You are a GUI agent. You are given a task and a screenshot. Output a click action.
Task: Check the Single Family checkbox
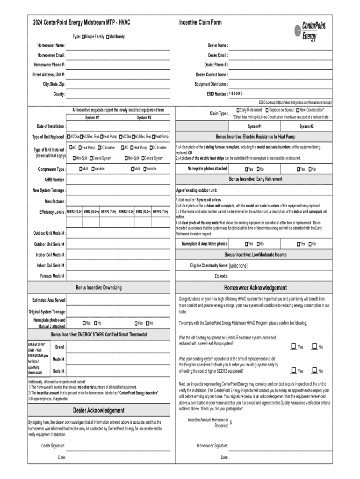[83, 36]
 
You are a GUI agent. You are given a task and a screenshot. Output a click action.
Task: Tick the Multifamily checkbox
[108, 36]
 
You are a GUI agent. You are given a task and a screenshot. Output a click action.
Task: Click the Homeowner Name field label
[51, 45]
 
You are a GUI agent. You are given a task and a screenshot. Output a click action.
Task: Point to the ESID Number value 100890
[237, 94]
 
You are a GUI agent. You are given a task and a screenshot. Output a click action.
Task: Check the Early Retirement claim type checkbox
[238, 109]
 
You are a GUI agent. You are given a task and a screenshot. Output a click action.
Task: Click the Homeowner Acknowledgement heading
[255, 288]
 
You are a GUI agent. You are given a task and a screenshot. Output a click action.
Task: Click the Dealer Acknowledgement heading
[99, 410]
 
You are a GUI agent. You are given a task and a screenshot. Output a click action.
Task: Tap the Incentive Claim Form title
[200, 22]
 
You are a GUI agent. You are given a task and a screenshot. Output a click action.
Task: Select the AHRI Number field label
[55, 180]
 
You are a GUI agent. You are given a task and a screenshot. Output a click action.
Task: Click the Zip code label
[221, 276]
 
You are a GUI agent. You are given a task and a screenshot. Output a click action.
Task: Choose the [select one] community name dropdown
[238, 266]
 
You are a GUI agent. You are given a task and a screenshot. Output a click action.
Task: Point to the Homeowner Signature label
[212, 445]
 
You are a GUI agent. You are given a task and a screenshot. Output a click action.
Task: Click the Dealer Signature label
[53, 445]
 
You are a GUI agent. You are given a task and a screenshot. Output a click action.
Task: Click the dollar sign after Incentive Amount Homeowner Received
[231, 421]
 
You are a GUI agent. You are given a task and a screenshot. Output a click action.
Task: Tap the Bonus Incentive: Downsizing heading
[99, 287]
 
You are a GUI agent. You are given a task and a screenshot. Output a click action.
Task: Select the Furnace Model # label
[52, 276]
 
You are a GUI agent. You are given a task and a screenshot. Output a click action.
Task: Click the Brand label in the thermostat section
[60, 347]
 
